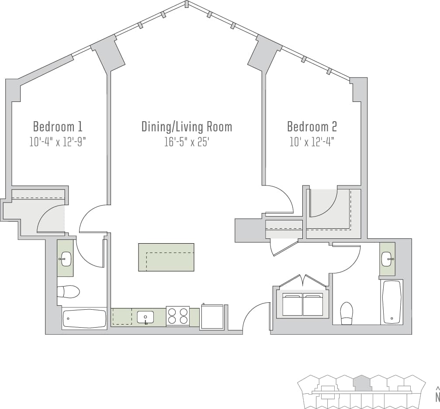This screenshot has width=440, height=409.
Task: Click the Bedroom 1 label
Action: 58,127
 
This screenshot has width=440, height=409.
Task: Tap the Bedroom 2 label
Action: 312,127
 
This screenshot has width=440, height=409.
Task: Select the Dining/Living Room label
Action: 187,127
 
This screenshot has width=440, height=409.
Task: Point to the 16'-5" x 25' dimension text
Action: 187,142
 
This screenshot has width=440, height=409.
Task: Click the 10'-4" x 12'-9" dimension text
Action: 58,142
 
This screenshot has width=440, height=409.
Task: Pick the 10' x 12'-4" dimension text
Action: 312,142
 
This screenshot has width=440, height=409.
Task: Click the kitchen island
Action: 166,257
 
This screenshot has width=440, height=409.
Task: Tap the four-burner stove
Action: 178,317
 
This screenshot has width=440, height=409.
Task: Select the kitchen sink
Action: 146,317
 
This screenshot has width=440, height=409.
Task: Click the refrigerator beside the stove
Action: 212,316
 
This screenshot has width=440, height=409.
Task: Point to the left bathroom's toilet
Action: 68,291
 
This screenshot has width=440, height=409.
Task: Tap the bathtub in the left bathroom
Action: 84,318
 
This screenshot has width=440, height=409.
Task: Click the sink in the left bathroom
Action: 65,259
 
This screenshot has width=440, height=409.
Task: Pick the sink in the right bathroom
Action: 387,259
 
